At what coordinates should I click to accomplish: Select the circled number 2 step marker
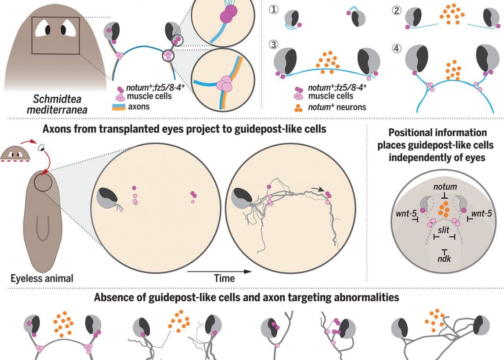pyautogui.click(x=396, y=10)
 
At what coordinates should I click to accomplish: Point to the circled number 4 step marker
pyautogui.click(x=396, y=47)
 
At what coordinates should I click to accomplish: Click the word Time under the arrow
pyautogui.click(x=224, y=279)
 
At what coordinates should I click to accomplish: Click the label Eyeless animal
pyautogui.click(x=42, y=278)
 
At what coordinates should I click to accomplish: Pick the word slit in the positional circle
pyautogui.click(x=443, y=230)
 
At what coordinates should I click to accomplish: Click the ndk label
pyautogui.click(x=444, y=259)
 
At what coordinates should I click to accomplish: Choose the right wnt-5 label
pyautogui.click(x=482, y=214)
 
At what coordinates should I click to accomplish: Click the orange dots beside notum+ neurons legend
pyautogui.click(x=299, y=106)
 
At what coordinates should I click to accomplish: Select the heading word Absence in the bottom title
pyautogui.click(x=112, y=298)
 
